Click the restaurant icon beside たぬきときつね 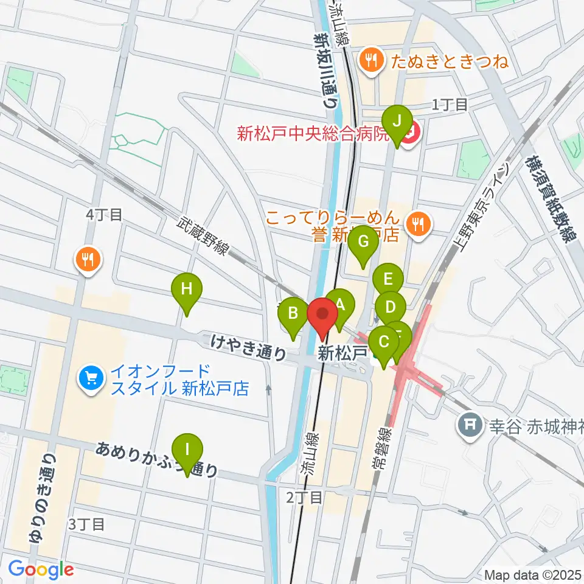pos(370,60)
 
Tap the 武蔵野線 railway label pos(203,238)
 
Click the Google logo pos(41,570)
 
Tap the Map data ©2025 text pos(532,574)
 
